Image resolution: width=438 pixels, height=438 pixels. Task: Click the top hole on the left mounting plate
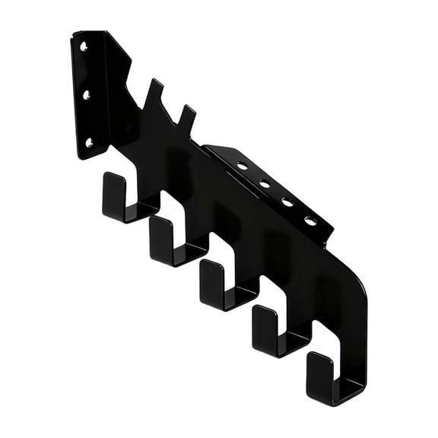pos(83,47)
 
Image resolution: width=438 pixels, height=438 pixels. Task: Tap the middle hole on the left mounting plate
pos(86,95)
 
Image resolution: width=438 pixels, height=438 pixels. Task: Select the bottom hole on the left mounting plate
pos(89,142)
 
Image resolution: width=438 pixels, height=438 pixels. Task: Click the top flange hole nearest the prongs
pos(242,165)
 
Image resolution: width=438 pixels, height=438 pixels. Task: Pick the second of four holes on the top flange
pos(265,183)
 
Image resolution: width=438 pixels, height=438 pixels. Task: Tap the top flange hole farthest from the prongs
pos(311,221)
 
